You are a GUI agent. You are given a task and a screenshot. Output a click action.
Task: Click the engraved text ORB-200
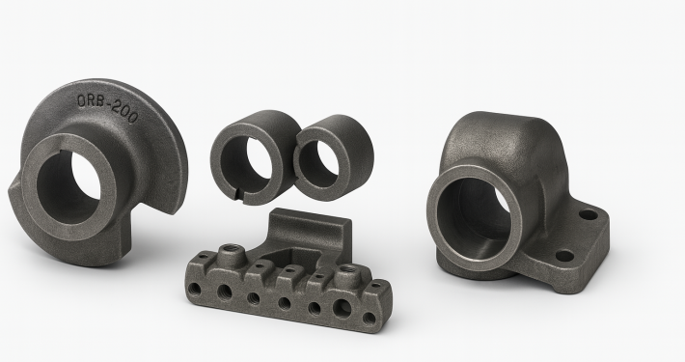click(107, 108)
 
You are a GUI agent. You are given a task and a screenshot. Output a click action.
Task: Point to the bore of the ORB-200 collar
click(68, 188)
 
